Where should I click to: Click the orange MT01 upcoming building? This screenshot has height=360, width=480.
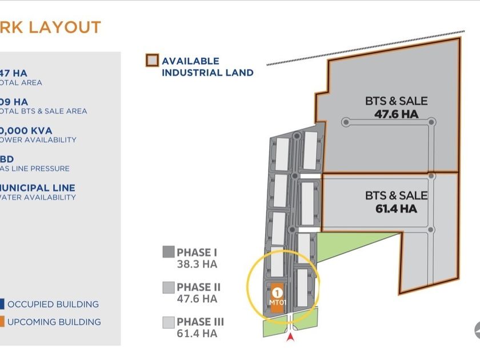(276, 298)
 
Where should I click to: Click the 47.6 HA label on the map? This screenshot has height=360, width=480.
(397, 114)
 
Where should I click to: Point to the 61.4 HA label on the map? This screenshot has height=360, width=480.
(397, 209)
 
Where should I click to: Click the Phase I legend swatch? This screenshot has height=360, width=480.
(168, 253)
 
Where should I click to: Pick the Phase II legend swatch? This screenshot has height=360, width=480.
(168, 287)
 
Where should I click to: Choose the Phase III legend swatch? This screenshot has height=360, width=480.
(168, 322)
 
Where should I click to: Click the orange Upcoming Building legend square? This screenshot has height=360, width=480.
(2, 322)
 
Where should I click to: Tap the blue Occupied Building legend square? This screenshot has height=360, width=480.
(2, 304)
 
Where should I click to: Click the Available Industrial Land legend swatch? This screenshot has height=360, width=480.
(152, 61)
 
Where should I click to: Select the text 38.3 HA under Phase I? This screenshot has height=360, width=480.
(197, 264)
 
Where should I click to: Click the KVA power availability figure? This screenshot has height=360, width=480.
(26, 130)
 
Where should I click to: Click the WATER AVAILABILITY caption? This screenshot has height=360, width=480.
(38, 197)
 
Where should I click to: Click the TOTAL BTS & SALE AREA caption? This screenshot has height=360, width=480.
(43, 111)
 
